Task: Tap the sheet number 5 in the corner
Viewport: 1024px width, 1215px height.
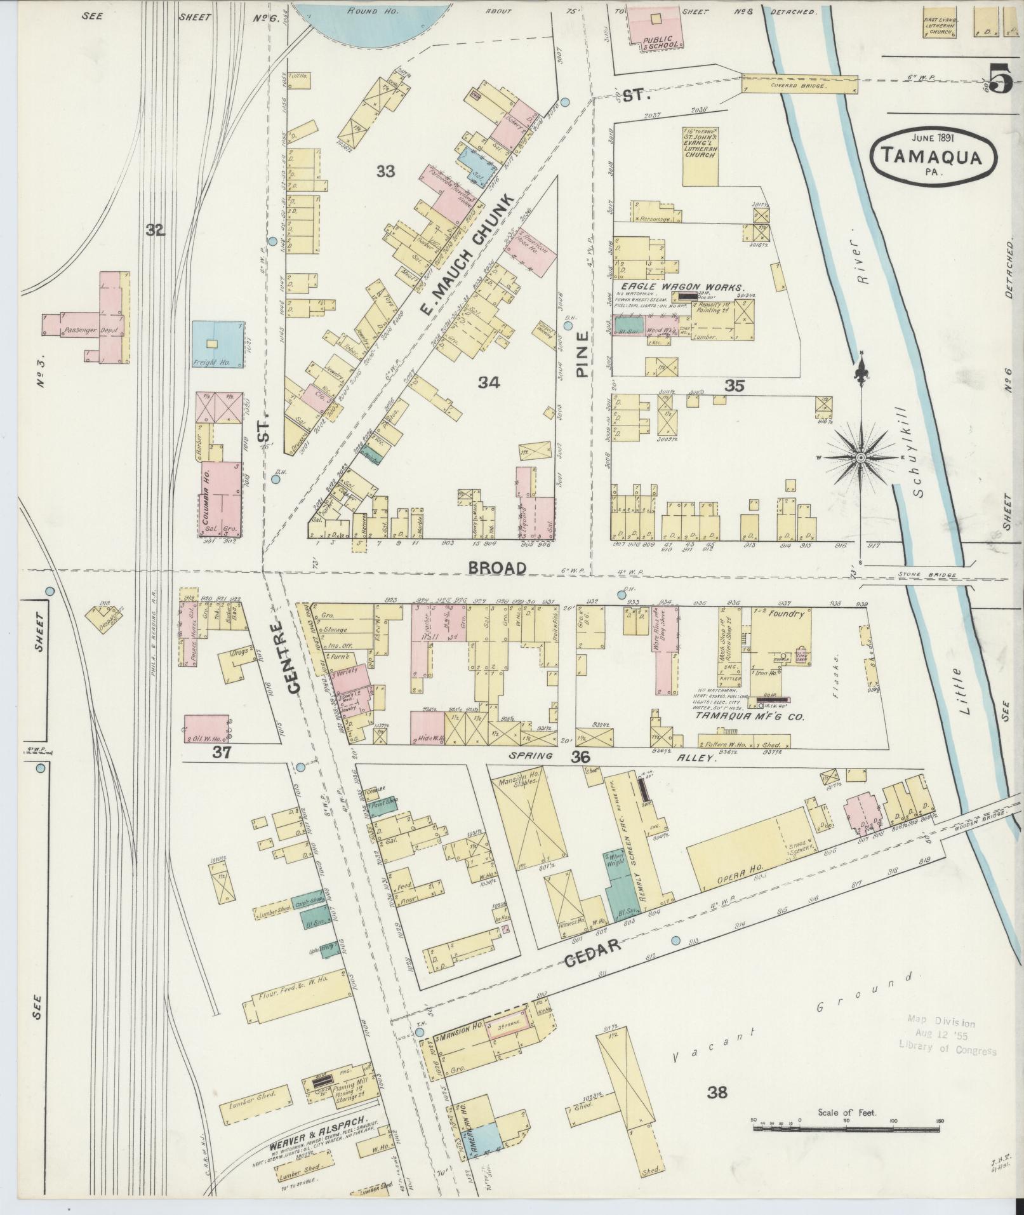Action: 999,80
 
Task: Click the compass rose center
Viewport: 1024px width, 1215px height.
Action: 861,457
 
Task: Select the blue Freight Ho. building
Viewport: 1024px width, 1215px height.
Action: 217,345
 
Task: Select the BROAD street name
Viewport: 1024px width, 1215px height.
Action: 498,568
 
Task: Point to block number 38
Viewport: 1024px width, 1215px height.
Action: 717,1092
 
